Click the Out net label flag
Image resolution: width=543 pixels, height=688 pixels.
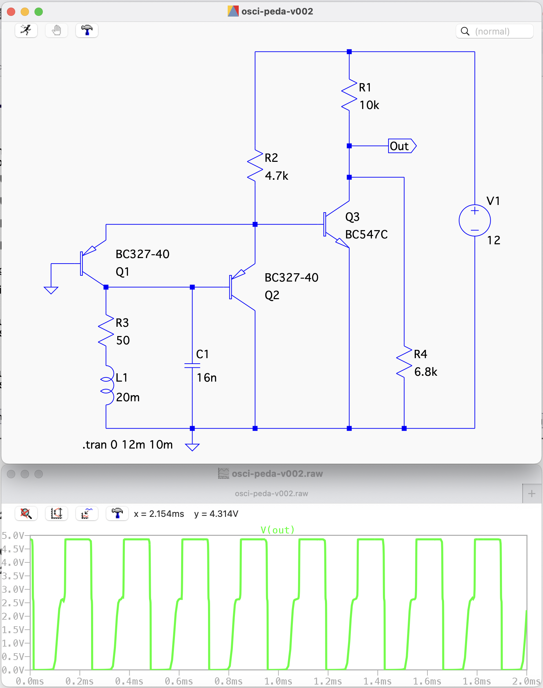(402, 146)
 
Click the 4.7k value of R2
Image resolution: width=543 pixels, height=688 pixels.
(276, 176)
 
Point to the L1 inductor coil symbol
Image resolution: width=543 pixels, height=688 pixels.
(107, 385)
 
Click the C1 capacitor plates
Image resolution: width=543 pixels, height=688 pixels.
(192, 365)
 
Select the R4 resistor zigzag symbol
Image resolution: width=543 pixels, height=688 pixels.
(404, 362)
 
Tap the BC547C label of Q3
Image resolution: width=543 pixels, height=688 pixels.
(366, 235)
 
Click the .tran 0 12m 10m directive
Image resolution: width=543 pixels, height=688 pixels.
(127, 445)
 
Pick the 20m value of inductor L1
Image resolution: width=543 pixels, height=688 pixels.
(128, 397)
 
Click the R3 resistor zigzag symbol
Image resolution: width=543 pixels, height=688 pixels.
(106, 331)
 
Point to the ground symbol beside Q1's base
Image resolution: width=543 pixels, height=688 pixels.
(51, 291)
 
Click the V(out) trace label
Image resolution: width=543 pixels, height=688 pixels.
(277, 530)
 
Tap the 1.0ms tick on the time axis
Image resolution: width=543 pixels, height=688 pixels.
(278, 681)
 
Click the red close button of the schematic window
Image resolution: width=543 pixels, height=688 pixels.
(11, 12)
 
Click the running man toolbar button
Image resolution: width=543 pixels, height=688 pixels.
(26, 31)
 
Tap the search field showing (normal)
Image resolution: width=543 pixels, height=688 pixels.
(495, 31)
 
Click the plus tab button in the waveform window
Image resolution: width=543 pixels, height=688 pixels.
(532, 494)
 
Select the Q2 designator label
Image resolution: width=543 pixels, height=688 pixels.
(272, 295)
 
